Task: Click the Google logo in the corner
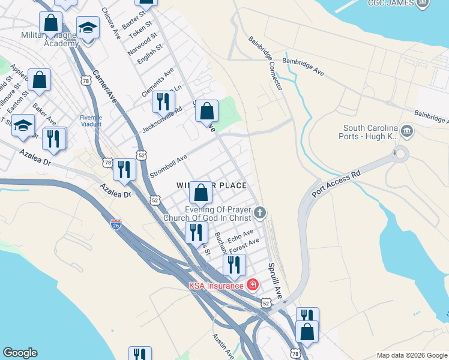pos(20,353)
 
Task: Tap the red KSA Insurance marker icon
pos(253,284)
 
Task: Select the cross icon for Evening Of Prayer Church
pos(260,212)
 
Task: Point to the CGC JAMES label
pos(400,3)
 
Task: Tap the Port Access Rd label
pos(336,183)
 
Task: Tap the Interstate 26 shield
pos(115,225)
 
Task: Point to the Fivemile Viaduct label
pos(91,121)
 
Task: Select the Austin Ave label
pos(223,346)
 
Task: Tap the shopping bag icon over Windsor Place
pos(201,193)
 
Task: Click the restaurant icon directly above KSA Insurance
pos(234,265)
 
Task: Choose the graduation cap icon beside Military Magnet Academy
pos(88,28)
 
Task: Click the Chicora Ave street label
pos(112,23)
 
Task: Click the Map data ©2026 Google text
pos(411,355)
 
